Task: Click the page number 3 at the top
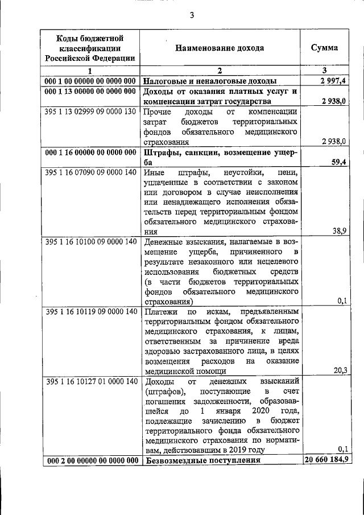pos(192,15)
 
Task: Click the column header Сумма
pos(324,48)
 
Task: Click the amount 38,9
pos(340,231)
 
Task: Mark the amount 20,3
pos(340,370)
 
